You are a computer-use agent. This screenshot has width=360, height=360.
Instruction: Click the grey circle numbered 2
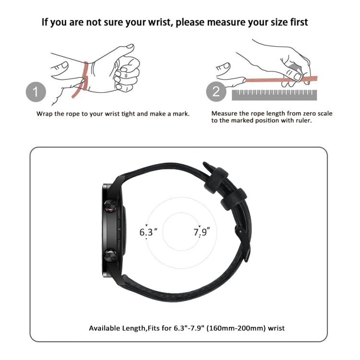click(216, 91)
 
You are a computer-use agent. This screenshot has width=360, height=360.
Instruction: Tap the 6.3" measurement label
click(148, 232)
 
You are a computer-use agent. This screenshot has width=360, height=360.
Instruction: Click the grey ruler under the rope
click(274, 95)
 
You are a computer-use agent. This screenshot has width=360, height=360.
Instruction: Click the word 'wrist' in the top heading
click(156, 22)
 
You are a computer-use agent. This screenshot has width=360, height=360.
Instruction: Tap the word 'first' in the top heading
click(297, 22)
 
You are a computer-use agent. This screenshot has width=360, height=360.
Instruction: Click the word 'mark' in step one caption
click(180, 114)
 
